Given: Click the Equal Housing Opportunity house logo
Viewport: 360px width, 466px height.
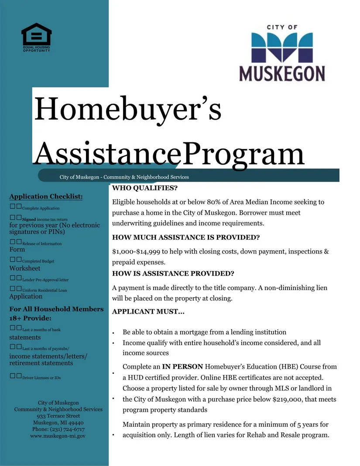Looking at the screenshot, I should click(36, 37).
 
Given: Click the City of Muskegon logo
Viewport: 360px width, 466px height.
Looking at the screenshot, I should click(282, 53).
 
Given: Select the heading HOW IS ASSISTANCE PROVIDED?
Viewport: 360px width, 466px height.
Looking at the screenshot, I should click(173, 273).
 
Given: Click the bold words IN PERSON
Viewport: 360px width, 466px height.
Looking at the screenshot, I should click(182, 366).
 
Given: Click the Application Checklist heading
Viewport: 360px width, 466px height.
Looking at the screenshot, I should click(46, 197).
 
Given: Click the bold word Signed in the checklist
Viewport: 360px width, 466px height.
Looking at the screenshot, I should click(29, 219).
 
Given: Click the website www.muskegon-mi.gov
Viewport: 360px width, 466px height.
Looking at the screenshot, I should click(58, 436).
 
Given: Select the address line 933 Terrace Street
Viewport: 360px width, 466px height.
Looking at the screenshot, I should click(58, 416).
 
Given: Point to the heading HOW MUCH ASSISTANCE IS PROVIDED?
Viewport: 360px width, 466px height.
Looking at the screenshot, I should click(186, 238).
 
